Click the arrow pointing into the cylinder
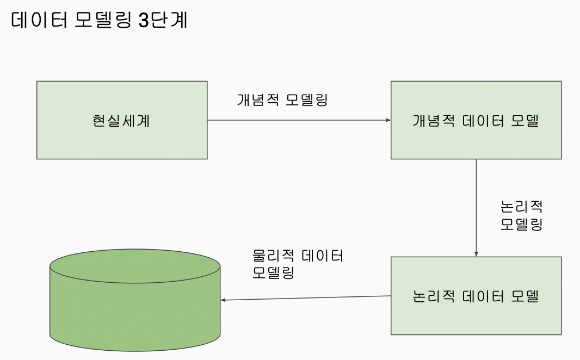tap(305, 298)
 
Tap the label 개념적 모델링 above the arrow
tap(282, 101)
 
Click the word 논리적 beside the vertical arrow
tap(522, 207)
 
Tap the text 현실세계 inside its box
tap(121, 121)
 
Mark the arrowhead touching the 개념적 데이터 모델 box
tap(388, 120)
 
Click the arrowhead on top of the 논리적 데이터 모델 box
tap(476, 253)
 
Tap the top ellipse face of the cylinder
tap(135, 266)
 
